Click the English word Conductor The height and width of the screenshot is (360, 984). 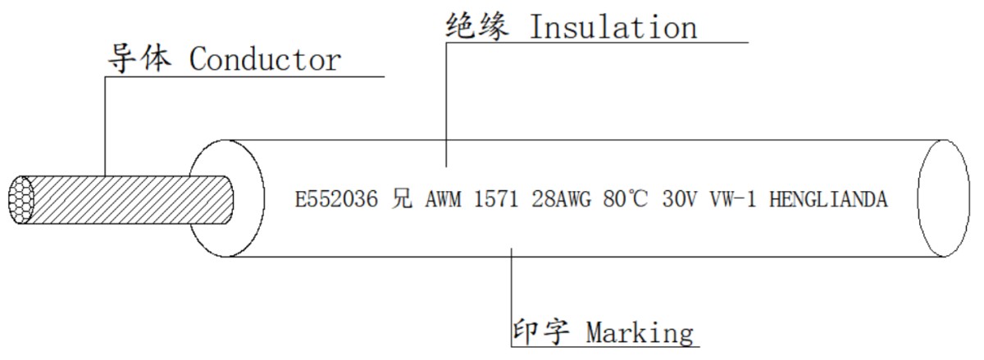coord(265,59)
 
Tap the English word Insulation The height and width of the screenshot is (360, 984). coord(613,27)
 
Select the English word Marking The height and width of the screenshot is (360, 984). coord(640,334)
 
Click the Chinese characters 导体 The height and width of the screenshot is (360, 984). coord(139,58)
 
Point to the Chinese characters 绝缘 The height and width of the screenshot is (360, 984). coord(477,26)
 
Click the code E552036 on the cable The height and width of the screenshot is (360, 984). coord(336,199)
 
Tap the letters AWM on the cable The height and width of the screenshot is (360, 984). coord(444,199)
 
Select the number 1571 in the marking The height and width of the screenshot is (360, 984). coord(496,199)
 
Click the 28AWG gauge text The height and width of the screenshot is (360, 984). coord(562,199)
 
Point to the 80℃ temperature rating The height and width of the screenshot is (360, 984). coord(625,198)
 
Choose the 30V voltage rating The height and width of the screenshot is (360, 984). coord(679,199)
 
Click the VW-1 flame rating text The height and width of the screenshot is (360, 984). coord(733,199)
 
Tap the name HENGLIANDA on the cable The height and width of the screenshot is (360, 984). coord(828,199)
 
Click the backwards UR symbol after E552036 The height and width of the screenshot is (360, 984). coord(402,198)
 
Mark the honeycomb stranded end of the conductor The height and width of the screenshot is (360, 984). coord(21,200)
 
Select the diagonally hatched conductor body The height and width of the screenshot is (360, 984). coord(128,200)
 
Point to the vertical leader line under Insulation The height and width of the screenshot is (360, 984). coord(446,105)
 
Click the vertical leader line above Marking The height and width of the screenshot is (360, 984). coord(512,298)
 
